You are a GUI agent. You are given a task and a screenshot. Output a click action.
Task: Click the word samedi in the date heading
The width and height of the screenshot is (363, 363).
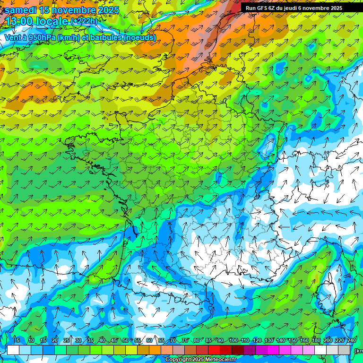(21, 10)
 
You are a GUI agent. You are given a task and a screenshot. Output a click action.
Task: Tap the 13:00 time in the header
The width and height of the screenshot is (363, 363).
(19, 22)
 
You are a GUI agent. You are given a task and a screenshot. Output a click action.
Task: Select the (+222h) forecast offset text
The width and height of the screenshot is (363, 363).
(84, 21)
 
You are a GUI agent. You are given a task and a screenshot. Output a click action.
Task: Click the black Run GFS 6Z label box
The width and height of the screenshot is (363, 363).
(294, 8)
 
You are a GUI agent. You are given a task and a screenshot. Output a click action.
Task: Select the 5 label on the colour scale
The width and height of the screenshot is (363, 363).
(18, 341)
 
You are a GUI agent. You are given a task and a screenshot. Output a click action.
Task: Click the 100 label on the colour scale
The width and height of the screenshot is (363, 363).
(233, 341)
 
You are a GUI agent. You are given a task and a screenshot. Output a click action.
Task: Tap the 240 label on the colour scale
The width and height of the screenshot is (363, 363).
(351, 341)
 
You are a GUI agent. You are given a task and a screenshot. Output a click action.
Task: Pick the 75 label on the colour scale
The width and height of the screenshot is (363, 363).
(185, 341)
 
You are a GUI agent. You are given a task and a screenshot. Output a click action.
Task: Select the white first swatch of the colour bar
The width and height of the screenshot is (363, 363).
(13, 350)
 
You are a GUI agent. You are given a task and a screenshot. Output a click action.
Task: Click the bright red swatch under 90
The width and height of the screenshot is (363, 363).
(214, 350)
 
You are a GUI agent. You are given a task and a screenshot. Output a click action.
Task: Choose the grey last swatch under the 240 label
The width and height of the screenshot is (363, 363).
(345, 350)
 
